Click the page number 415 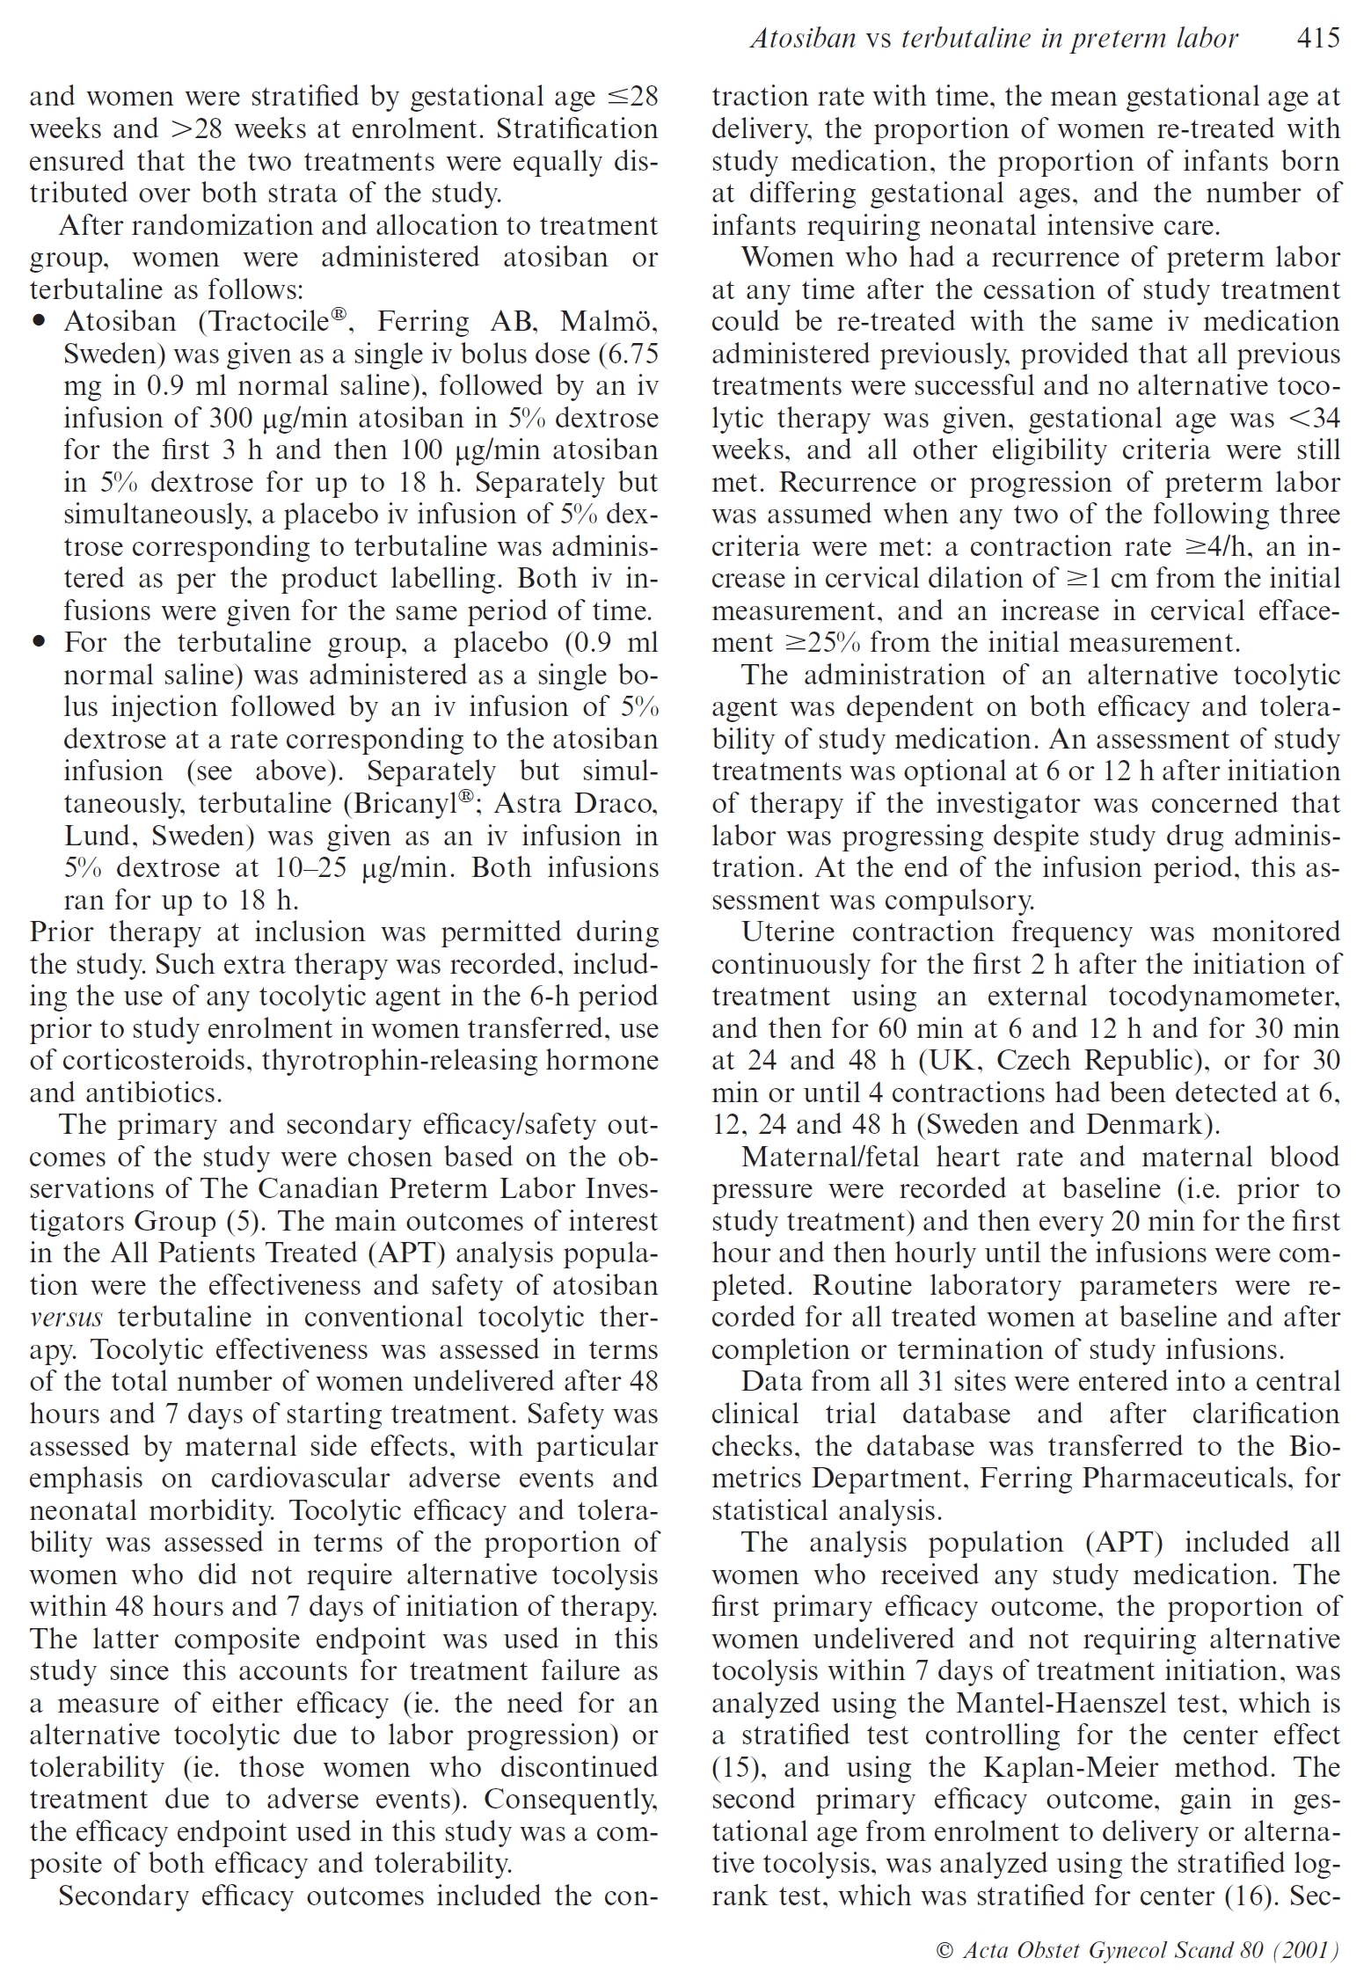click(1317, 38)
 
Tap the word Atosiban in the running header click(802, 38)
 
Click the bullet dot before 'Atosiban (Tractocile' click(39, 322)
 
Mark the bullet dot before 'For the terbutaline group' click(39, 642)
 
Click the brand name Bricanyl click(407, 803)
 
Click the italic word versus click(66, 1318)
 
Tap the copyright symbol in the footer click(944, 1950)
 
